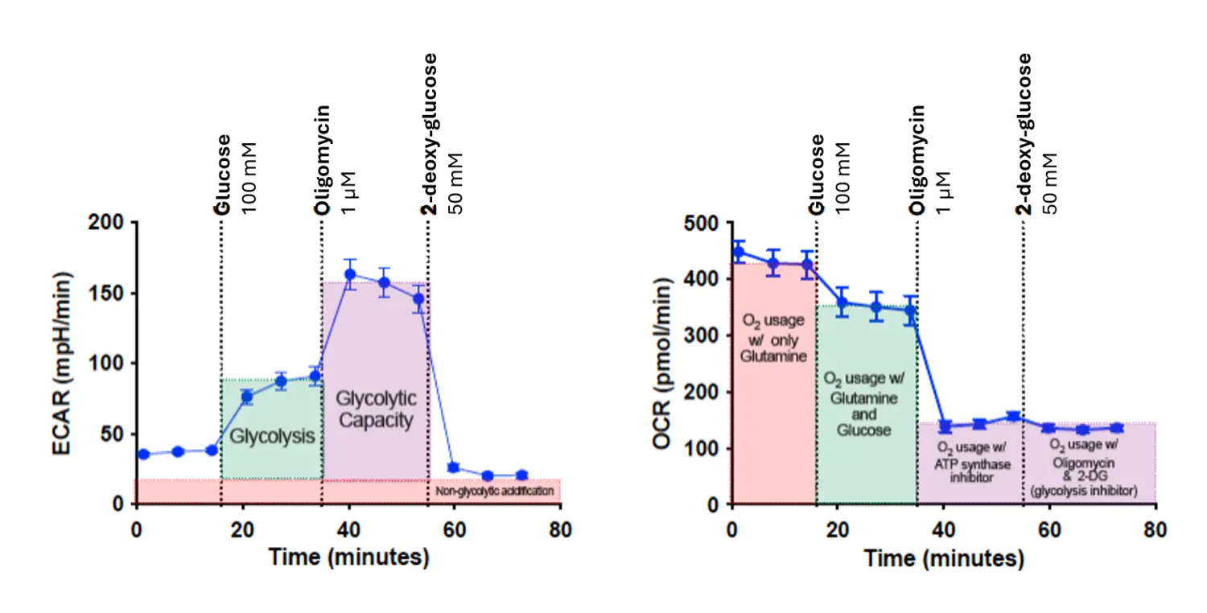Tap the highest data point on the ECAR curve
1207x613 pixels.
[349, 274]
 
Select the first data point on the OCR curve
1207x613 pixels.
[739, 253]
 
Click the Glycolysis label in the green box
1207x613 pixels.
[272, 437]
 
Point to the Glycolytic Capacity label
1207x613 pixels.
[375, 409]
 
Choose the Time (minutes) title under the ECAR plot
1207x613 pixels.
[348, 557]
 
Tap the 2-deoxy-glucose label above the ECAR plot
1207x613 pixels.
[431, 133]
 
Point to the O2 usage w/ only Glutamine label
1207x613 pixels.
[773, 338]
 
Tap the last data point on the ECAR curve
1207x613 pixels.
[521, 475]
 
